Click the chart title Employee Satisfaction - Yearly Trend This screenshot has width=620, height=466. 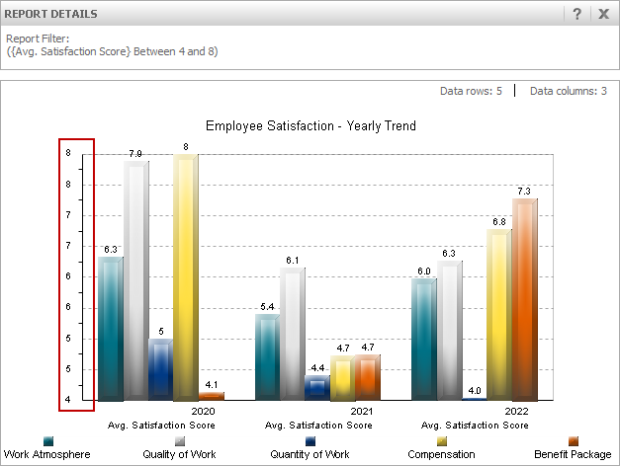(310, 126)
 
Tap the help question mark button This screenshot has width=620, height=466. (576, 14)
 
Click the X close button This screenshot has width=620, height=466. (603, 14)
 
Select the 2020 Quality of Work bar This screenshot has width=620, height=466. (135, 281)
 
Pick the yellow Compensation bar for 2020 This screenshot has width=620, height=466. (186, 276)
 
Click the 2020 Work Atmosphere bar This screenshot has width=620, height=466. (111, 328)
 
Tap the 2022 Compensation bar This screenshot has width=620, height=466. (499, 314)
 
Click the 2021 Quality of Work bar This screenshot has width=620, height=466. (292, 334)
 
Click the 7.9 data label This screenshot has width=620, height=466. (135, 154)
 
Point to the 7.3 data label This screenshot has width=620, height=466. (524, 191)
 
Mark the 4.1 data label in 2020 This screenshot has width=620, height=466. (211, 384)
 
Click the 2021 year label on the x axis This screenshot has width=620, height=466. (361, 411)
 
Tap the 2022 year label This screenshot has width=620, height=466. (516, 411)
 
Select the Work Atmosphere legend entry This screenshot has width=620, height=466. (46, 454)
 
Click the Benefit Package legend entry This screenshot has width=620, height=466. (573, 454)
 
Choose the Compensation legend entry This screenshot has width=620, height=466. (441, 454)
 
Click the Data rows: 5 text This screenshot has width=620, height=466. (471, 91)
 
